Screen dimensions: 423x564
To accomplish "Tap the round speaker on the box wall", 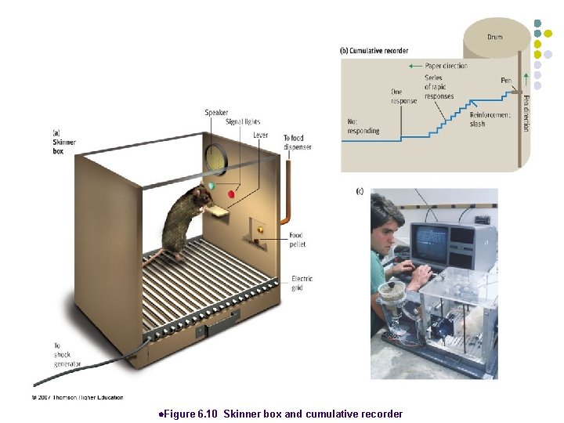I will click(215, 160).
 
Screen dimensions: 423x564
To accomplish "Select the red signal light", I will click(232, 193).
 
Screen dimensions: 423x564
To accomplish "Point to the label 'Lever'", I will click(260, 136).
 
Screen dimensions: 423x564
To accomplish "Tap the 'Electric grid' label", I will click(302, 283).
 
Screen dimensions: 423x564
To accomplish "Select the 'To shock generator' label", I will click(62, 355).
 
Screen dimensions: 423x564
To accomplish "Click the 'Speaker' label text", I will click(216, 113).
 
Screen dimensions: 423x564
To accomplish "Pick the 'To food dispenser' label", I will click(297, 143).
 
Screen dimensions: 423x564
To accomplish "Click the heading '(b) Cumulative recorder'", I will click(374, 51).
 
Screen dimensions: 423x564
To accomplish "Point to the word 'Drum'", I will click(495, 37).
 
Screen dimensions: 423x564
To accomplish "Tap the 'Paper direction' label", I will click(446, 66).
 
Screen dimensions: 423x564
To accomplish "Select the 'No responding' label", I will click(362, 126).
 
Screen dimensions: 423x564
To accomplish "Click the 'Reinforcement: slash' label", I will click(490, 119).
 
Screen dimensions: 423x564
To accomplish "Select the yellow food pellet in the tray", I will click(261, 230).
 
